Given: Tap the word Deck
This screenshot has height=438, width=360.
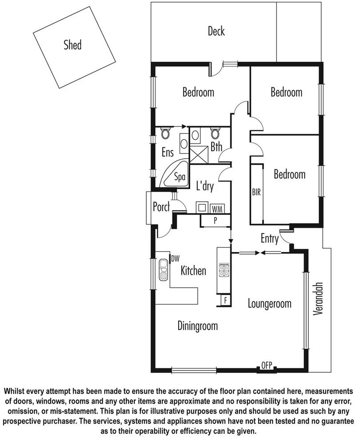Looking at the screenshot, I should pos(216,31).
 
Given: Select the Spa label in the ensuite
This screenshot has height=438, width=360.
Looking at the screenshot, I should pos(180,177).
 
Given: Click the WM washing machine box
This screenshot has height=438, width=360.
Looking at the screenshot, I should pos(217,208).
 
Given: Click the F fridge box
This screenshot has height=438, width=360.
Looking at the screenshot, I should pos(226,300).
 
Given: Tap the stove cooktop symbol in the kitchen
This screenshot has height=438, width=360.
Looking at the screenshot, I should pos(224,270).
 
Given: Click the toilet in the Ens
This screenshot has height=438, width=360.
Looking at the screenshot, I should pos(165,134).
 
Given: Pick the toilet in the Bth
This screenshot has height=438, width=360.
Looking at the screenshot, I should pos(215,134).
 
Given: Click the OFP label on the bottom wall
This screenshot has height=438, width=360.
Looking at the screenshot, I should pos(267,366).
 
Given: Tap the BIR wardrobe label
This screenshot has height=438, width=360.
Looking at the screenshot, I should pos(256,192).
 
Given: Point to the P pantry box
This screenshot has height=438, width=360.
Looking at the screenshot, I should pos(215,220).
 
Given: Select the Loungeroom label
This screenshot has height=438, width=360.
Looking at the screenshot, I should pos(269,304).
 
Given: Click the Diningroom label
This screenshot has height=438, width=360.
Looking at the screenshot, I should pos(198,326).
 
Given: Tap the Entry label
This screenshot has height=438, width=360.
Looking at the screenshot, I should pos(269,239).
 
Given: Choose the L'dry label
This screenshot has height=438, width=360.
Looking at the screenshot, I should pos(204,187).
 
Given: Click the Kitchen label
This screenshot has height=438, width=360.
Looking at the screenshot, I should pos(193,270).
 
